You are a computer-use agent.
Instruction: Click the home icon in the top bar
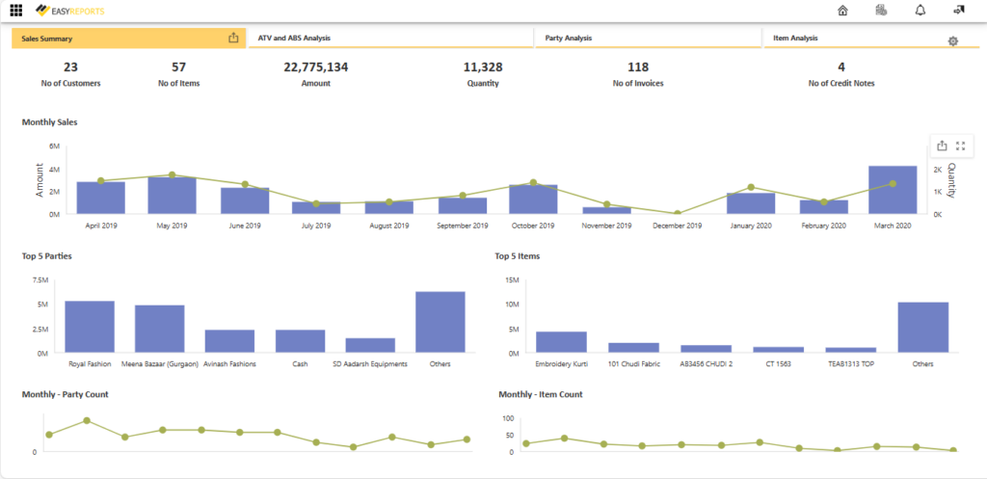[843, 11]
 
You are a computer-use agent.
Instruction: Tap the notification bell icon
[920, 11]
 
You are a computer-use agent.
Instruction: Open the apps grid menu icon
[15, 11]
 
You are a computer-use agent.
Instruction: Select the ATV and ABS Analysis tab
[294, 38]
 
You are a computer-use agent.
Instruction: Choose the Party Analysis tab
[568, 38]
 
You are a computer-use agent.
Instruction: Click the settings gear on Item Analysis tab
[952, 41]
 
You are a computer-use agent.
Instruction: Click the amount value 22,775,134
[315, 67]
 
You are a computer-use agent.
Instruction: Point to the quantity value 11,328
[482, 67]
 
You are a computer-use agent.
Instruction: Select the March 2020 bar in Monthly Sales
[893, 190]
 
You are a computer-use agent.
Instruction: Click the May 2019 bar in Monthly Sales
[172, 196]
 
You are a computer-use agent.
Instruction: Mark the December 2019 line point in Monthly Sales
[678, 213]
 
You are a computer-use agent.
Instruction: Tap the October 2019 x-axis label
[533, 226]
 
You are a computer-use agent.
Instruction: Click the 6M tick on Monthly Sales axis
[55, 146]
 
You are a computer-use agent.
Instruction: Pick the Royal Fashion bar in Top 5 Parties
[90, 328]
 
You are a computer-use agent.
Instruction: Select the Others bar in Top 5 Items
[922, 328]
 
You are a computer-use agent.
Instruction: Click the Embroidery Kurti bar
[561, 342]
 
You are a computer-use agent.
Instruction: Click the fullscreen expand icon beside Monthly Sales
[960, 146]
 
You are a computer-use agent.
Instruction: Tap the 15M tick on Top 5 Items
[511, 280]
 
